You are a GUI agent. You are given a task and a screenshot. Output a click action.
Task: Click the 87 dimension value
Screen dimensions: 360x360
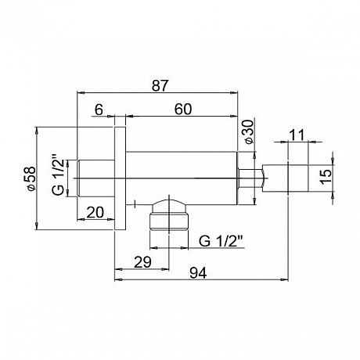(160, 85)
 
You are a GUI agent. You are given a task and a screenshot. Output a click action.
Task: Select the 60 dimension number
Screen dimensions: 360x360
(183, 109)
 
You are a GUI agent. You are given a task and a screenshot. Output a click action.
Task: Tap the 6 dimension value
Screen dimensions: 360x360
(99, 110)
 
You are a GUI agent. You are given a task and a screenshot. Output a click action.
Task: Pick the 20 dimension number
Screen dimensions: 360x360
(95, 212)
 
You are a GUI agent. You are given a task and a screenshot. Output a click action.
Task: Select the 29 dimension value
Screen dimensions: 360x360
(142, 262)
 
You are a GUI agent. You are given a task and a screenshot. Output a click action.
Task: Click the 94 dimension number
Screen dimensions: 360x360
(198, 273)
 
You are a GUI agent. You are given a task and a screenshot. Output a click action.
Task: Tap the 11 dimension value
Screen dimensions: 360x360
(297, 135)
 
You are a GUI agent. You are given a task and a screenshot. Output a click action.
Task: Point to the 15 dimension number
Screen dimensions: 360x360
(326, 177)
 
